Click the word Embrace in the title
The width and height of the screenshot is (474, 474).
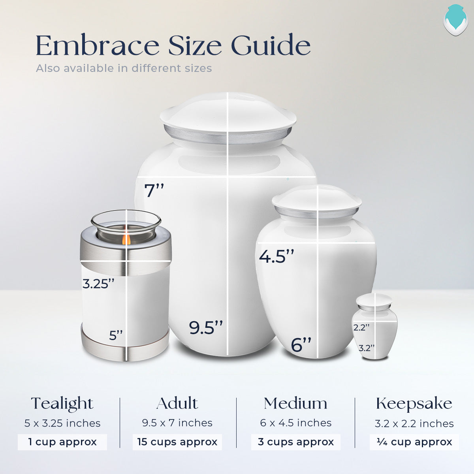pyautogui.click(x=97, y=46)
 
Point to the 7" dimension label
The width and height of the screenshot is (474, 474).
pyautogui.click(x=154, y=191)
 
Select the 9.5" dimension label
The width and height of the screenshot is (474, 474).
pyautogui.click(x=206, y=328)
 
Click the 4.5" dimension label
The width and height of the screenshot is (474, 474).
pyautogui.click(x=276, y=256)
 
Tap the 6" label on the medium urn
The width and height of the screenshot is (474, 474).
pyautogui.click(x=301, y=345)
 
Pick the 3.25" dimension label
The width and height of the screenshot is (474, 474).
pyautogui.click(x=98, y=284)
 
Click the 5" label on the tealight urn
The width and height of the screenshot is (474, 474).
pyautogui.click(x=116, y=336)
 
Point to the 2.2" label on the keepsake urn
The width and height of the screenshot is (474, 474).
pyautogui.click(x=361, y=327)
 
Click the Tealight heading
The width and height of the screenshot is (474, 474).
pyautogui.click(x=62, y=404)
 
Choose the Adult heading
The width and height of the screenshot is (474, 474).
pyautogui.click(x=177, y=404)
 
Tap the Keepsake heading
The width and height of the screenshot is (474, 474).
pyautogui.click(x=414, y=404)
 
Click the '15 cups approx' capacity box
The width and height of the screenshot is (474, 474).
pyautogui.click(x=177, y=442)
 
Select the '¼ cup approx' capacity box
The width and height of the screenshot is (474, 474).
pyautogui.click(x=414, y=442)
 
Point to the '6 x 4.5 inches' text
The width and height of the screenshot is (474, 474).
pyautogui.click(x=295, y=423)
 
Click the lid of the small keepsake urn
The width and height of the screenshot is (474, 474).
pyautogui.click(x=374, y=301)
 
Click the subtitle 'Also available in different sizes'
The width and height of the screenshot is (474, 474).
pyautogui.click(x=124, y=68)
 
